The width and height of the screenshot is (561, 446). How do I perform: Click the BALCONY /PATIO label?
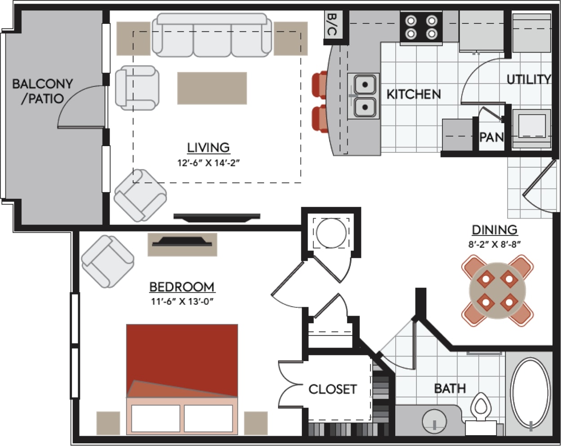point(42,91)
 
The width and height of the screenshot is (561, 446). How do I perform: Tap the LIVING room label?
point(208,147)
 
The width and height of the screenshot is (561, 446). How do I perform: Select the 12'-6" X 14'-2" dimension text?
point(208,163)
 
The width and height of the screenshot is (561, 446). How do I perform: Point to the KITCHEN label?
point(414,94)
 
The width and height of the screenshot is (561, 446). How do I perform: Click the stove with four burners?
point(421,27)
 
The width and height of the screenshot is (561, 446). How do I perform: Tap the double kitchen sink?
point(364,96)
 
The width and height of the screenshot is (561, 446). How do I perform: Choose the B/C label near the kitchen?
point(332,24)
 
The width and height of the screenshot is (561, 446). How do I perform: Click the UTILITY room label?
point(529,80)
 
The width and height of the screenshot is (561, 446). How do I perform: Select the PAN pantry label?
point(491,137)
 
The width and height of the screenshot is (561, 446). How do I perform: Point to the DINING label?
point(494,230)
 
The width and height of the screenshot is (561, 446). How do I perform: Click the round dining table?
point(497,290)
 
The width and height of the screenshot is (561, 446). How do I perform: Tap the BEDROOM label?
point(181,287)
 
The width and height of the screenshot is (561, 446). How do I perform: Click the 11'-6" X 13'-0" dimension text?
point(182,302)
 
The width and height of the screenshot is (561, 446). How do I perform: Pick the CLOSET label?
point(332,389)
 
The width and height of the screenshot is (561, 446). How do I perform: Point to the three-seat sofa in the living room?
point(212,36)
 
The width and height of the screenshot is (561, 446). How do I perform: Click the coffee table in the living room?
point(212,88)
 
